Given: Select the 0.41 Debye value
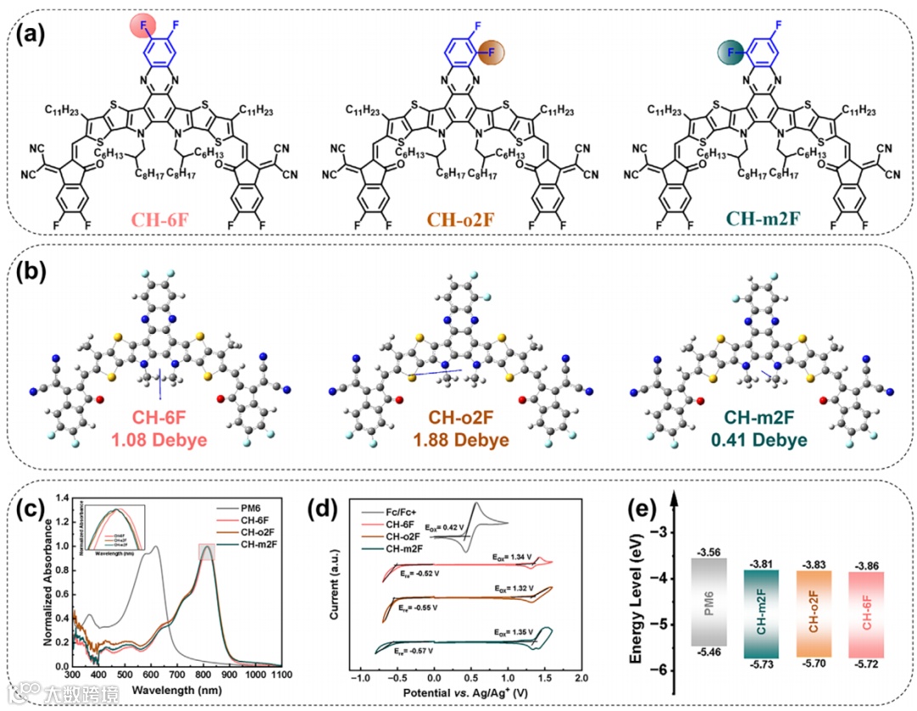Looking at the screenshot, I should [762, 440].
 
